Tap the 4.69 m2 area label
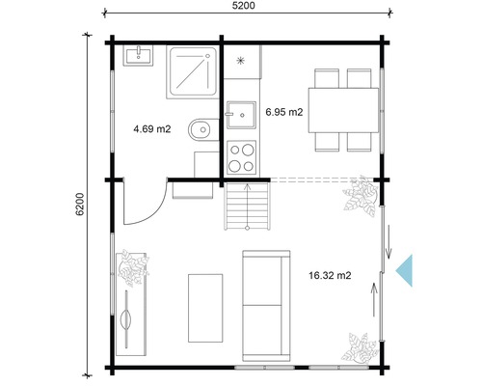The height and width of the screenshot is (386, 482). (152, 127)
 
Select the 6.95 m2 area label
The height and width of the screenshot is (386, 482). (284, 112)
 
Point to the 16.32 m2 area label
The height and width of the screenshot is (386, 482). (330, 275)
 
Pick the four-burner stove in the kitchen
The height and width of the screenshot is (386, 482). (241, 155)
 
